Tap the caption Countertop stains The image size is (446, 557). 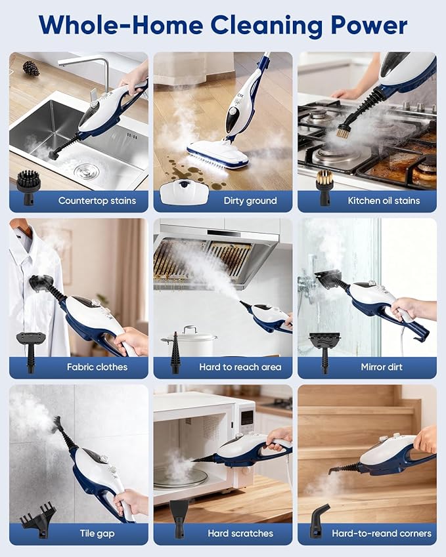click(97, 201)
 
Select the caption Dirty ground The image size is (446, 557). click(250, 201)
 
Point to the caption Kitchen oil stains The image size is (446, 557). click(384, 201)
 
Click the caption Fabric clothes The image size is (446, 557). click(97, 367)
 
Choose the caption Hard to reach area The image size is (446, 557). click(240, 367)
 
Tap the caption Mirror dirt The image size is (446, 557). click(382, 367)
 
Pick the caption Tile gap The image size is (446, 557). click(97, 533)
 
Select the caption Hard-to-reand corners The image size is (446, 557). click(382, 533)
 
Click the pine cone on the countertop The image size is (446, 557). click(31, 68)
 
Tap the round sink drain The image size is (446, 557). click(86, 171)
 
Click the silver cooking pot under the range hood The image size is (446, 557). click(189, 342)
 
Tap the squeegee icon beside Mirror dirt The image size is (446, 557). click(324, 350)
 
